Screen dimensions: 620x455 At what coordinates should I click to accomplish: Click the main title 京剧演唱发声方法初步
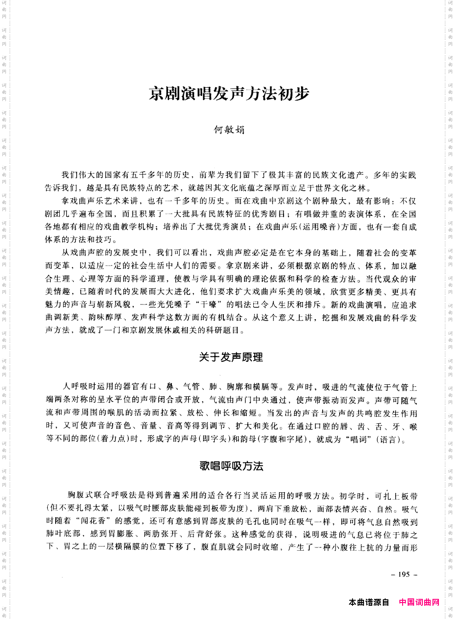click(x=228, y=94)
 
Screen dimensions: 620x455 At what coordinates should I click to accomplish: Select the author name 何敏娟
click(x=229, y=130)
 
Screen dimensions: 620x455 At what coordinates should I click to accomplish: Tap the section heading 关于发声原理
click(x=231, y=357)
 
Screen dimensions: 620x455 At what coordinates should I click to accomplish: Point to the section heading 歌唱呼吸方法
click(x=231, y=466)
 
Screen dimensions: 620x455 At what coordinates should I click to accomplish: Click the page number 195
click(x=404, y=574)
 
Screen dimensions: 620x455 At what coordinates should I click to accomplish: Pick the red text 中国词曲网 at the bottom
click(x=419, y=602)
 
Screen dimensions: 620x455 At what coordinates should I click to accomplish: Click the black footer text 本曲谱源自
click(x=369, y=602)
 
